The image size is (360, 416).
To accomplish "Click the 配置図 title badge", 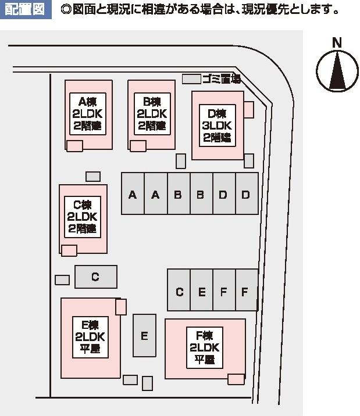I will (24, 10).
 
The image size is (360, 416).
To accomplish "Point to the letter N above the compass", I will (336, 42).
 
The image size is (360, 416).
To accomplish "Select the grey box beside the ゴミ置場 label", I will (191, 79).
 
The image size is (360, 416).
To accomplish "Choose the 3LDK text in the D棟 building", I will (218, 125).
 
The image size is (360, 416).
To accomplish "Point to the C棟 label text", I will (83, 205).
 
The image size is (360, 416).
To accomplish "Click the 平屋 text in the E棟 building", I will (90, 349).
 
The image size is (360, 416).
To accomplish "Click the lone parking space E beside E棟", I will (144, 335).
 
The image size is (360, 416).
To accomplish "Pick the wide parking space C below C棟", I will (96, 277).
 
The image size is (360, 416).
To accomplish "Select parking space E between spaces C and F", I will (202, 291).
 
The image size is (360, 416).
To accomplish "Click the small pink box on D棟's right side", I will (249, 109).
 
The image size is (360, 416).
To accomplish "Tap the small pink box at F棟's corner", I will (236, 379).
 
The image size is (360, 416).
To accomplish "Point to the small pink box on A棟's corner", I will (74, 145).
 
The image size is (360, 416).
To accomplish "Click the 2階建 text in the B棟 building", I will (152, 125).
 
